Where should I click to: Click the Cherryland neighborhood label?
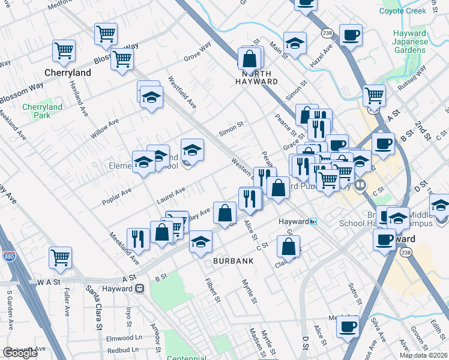[68, 73]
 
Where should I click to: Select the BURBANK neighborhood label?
[233, 261]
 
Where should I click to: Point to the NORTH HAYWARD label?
[256, 77]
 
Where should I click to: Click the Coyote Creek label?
[403, 10]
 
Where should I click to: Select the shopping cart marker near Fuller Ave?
[61, 258]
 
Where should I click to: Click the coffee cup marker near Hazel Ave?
[351, 35]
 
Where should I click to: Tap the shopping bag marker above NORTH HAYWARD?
[250, 59]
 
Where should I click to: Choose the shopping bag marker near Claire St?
[289, 245]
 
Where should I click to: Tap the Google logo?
[20, 353]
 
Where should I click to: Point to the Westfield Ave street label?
[182, 92]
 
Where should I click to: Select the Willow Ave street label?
[104, 128]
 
